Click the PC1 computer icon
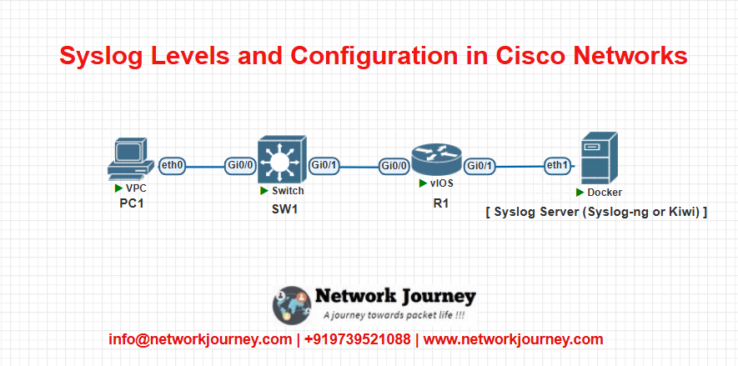point(130,158)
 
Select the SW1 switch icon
point(282,159)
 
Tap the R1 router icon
point(436,160)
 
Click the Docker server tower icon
point(599,158)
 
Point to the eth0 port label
point(173,166)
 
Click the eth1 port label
point(558,166)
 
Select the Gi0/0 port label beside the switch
point(240,166)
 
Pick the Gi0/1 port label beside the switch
point(324,166)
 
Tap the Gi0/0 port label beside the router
point(394,166)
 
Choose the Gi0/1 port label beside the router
point(479,166)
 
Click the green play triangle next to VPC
point(119,188)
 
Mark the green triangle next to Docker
point(580,193)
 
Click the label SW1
point(284,209)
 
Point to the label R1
point(441,203)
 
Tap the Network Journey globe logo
point(292,305)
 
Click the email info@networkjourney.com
point(200,339)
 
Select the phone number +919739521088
point(357,339)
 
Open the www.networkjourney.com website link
point(513,339)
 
